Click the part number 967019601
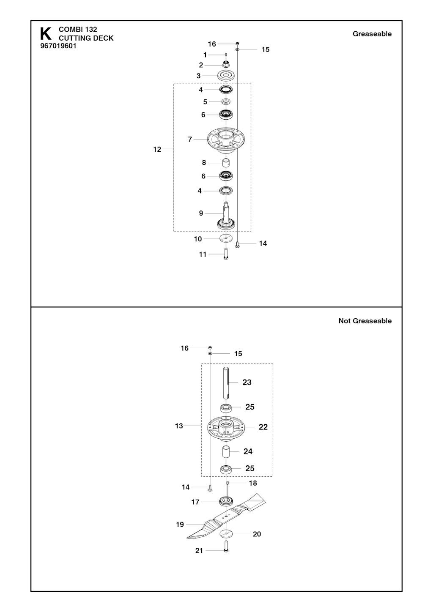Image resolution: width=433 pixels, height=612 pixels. (58, 46)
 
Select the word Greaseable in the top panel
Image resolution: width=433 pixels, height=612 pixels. (372, 34)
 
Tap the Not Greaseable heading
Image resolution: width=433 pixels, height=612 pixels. (365, 321)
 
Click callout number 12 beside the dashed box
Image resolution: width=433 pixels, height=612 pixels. (157, 149)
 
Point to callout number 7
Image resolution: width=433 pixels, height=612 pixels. (190, 139)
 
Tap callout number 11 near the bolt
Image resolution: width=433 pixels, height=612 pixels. (203, 254)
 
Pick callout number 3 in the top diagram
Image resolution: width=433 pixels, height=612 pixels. (199, 76)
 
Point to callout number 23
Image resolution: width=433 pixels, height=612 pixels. (247, 382)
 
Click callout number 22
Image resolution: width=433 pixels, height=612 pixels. (263, 427)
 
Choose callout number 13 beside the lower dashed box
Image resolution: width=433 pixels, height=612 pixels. (179, 426)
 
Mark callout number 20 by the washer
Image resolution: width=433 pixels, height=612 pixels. (257, 534)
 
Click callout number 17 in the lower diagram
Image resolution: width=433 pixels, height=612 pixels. (195, 502)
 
